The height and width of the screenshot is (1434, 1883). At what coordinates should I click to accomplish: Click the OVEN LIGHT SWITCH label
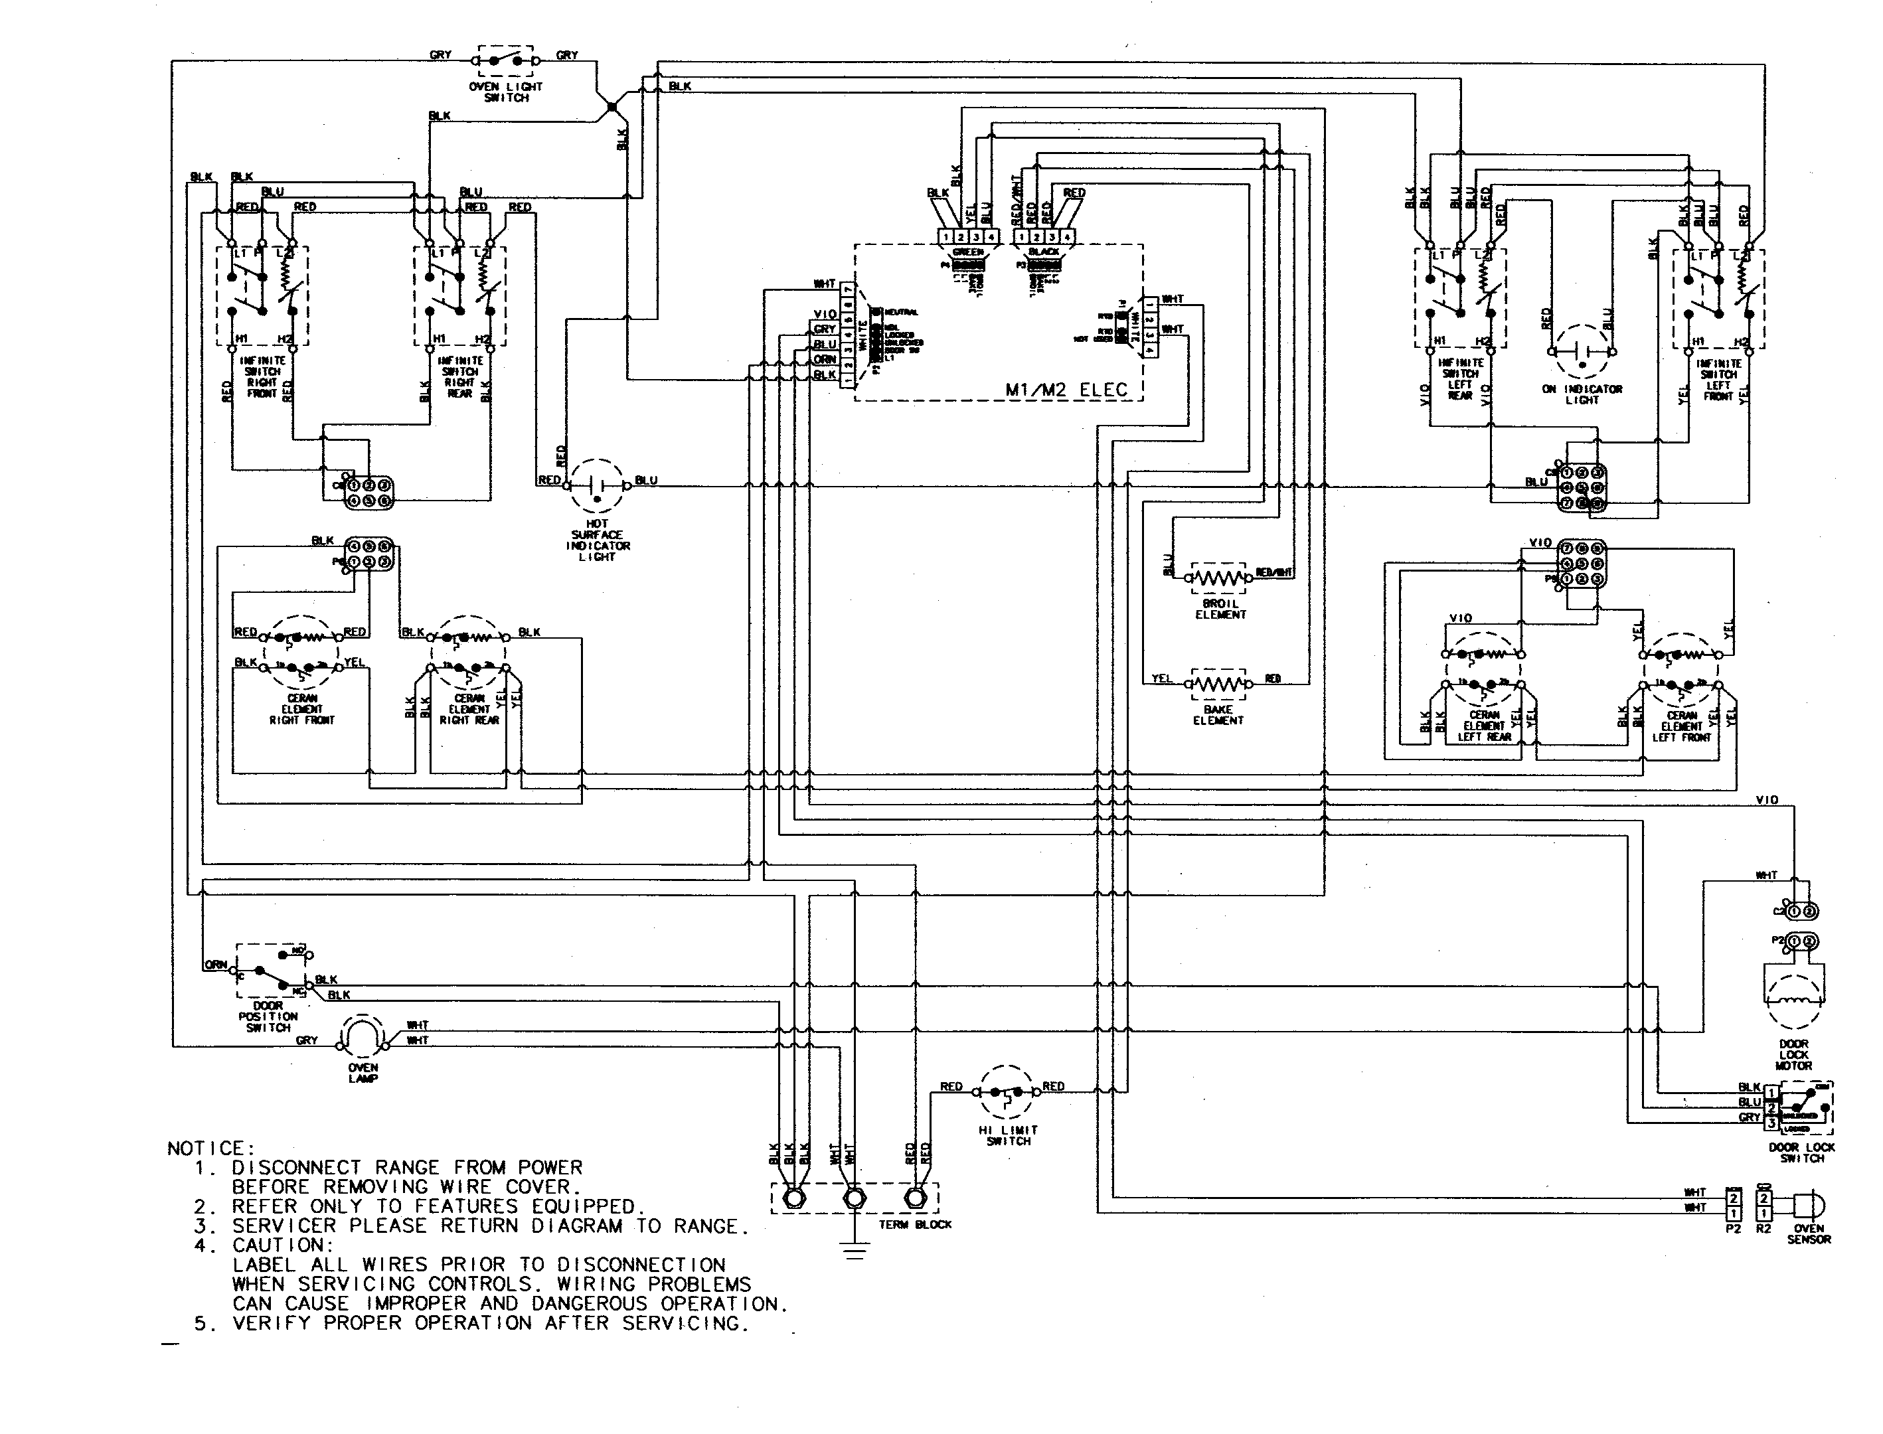point(506,92)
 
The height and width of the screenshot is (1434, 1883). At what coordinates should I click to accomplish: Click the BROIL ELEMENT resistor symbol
point(1219,578)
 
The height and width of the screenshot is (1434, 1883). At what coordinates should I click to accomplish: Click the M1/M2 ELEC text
point(1066,390)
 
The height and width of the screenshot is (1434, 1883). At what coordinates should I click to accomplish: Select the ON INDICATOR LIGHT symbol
point(1581,351)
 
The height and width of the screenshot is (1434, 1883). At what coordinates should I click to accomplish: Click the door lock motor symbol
point(1793,998)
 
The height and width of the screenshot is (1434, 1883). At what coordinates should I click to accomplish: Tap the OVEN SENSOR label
point(1809,1234)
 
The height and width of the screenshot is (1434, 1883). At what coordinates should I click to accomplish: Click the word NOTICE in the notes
point(210,1149)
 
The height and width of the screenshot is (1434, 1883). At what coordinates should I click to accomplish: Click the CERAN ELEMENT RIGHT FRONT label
point(302,709)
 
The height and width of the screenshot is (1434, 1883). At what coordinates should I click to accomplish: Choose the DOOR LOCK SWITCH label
point(1802,1153)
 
